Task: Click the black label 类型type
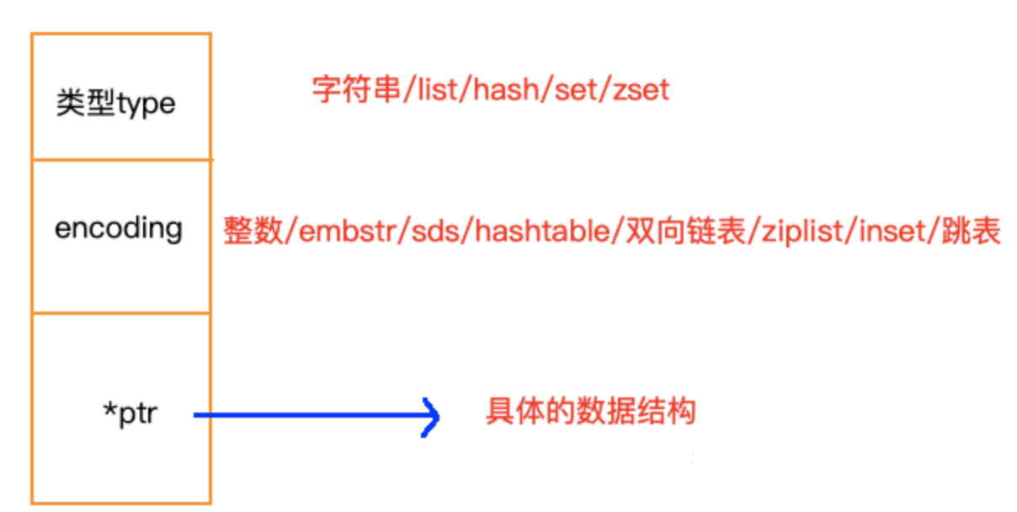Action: (x=116, y=104)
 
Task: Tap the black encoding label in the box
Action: (x=118, y=228)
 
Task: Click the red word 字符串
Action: (x=354, y=89)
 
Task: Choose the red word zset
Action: (x=638, y=89)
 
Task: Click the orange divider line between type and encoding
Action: (x=121, y=158)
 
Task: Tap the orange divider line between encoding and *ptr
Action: (x=121, y=313)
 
